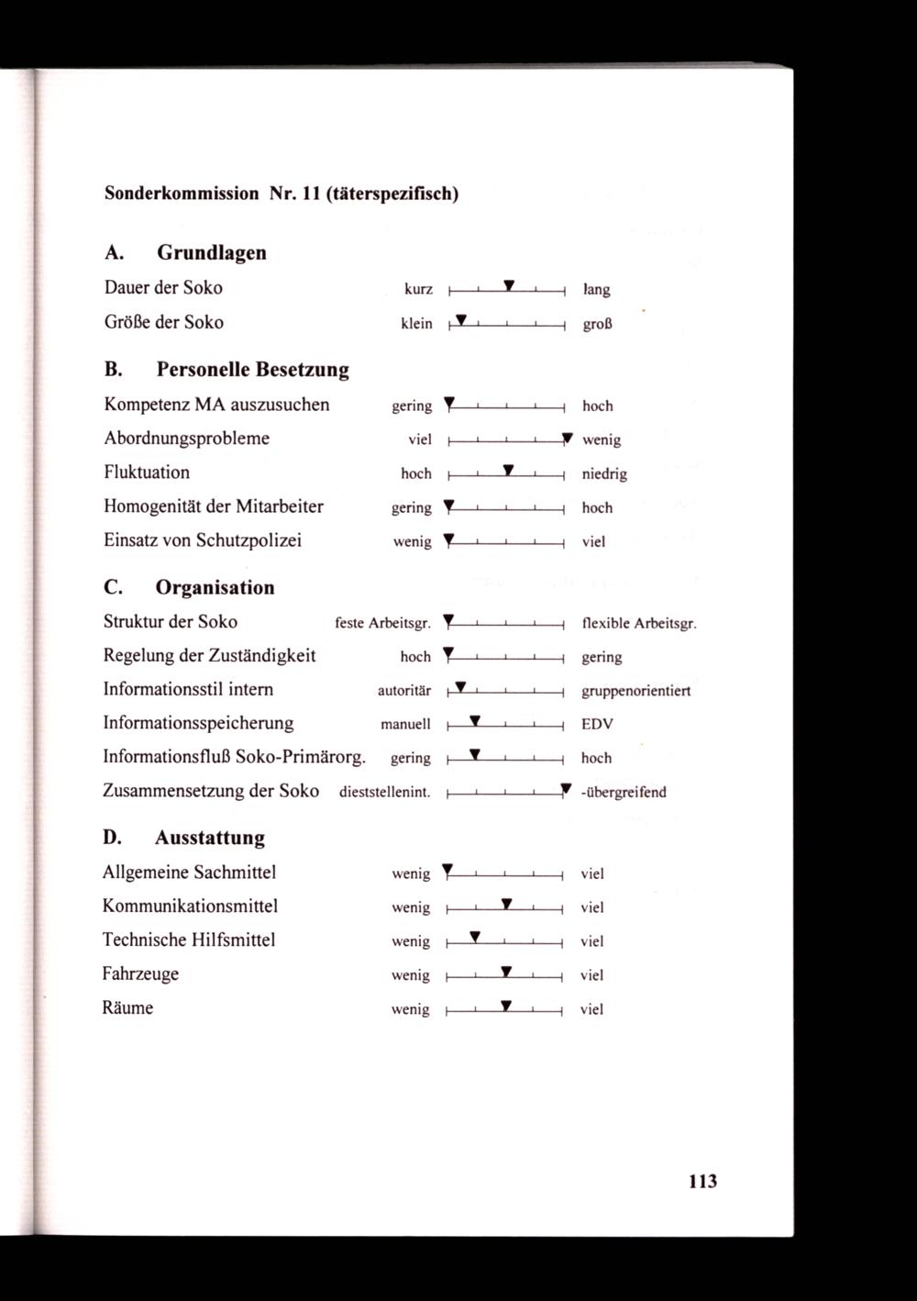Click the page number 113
702,1181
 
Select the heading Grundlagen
212,252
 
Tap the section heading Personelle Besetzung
253,370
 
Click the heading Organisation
215,587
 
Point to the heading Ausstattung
210,838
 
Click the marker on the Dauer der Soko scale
509,284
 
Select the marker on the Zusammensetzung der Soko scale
566,788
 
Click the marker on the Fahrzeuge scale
506,971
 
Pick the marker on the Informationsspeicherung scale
475,721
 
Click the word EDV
597,724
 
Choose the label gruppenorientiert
635,691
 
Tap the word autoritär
404,691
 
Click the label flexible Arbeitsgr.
639,624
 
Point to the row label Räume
127,1007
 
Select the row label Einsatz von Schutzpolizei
203,540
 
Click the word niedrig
604,474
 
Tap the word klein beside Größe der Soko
416,324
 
